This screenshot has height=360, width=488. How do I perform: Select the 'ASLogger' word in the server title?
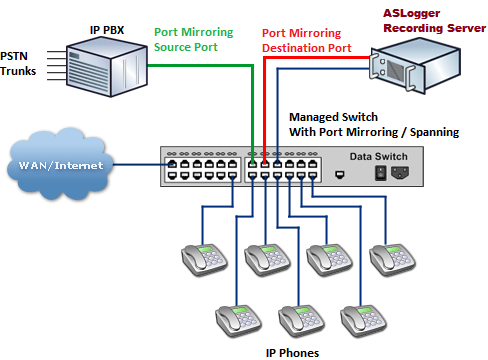click(415, 13)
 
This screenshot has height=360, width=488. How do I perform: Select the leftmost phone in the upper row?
click(204, 260)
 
